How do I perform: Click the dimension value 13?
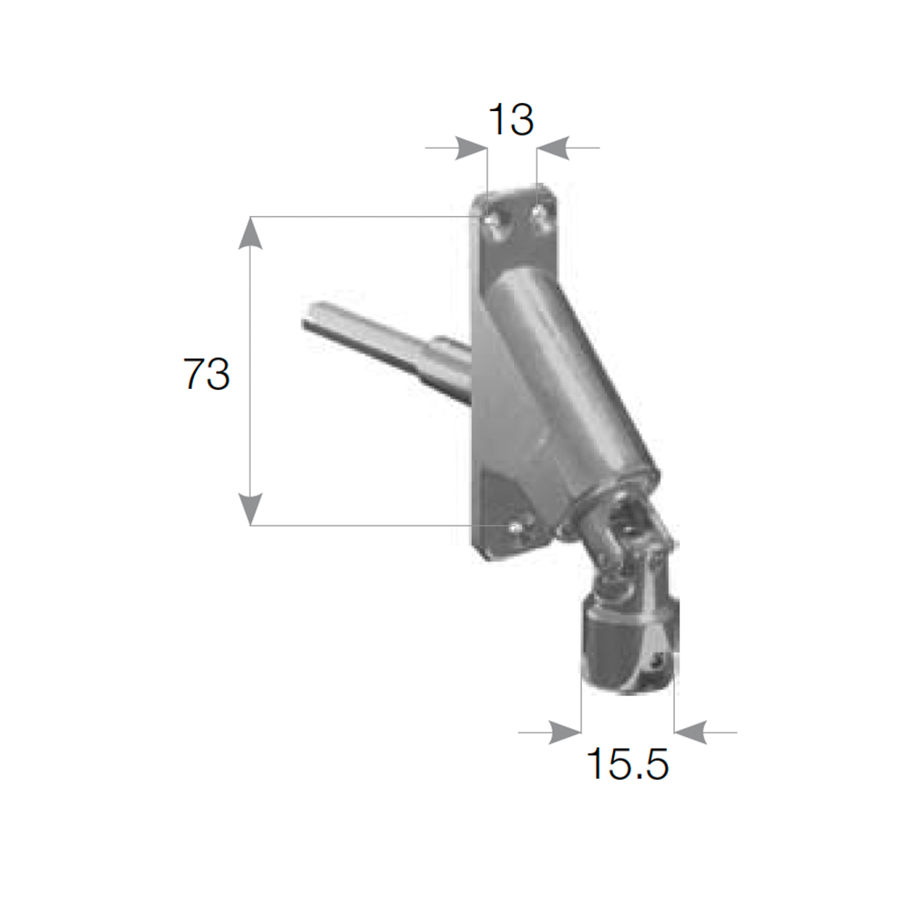(511, 119)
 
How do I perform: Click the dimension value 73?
(207, 374)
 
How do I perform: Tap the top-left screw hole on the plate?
(492, 220)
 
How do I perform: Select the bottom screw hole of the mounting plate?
(515, 527)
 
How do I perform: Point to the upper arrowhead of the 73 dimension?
(251, 233)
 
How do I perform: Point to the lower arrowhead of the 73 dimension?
(251, 509)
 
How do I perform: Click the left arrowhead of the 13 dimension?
(471, 148)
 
